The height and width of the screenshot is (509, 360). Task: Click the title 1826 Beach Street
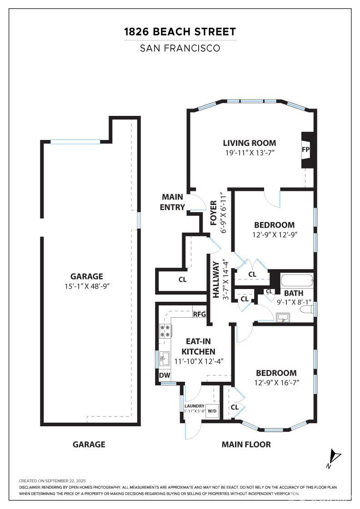[x=180, y=32]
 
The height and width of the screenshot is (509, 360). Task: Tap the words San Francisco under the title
[x=180, y=48]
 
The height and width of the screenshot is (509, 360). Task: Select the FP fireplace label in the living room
[x=306, y=150]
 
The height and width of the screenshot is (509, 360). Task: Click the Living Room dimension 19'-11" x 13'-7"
[x=250, y=153]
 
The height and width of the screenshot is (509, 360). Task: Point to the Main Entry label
[x=172, y=202]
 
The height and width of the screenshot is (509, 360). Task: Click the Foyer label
[x=213, y=213]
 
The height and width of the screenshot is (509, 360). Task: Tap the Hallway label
[x=216, y=280]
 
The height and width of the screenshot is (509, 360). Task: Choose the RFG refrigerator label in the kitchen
[x=199, y=314]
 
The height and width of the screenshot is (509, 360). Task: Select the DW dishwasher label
[x=165, y=375]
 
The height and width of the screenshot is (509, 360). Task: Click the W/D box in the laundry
[x=212, y=411]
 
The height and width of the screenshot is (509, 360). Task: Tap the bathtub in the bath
[x=297, y=280]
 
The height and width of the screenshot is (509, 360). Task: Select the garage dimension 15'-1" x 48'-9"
[x=87, y=286]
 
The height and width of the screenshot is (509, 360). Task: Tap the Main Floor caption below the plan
[x=246, y=444]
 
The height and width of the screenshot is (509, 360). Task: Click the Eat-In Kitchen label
[x=198, y=346]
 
